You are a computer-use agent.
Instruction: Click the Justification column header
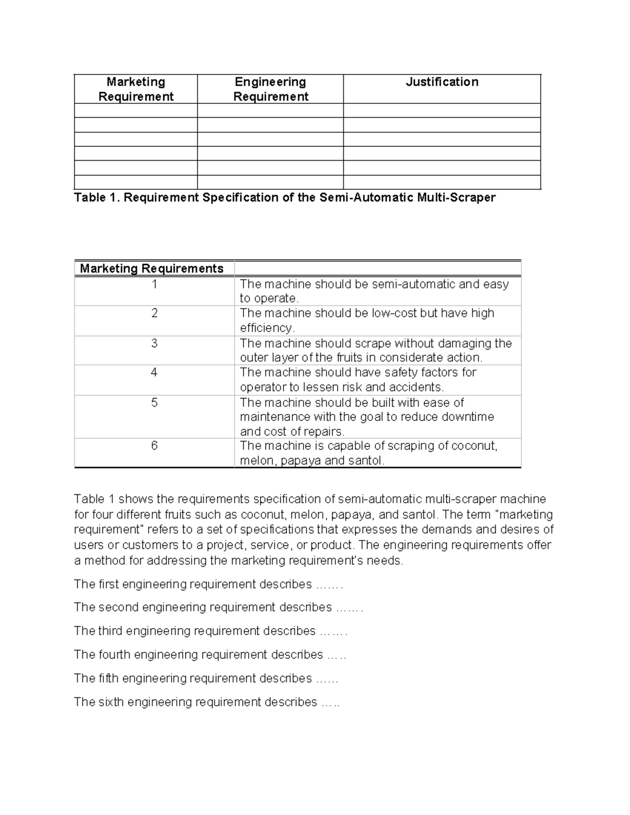[442, 82]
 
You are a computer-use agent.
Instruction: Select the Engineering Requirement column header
[270, 89]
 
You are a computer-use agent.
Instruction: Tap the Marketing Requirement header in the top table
[135, 89]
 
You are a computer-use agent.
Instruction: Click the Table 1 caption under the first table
[285, 198]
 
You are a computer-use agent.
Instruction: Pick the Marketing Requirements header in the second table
[152, 269]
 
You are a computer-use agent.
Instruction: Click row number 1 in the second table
[154, 284]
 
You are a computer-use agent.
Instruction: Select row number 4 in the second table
[154, 373]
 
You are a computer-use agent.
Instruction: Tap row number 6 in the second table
[154, 446]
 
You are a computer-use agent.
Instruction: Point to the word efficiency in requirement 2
[266, 328]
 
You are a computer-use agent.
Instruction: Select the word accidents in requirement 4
[416, 387]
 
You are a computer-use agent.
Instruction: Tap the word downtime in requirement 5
[468, 417]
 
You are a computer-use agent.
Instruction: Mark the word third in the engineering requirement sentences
[110, 631]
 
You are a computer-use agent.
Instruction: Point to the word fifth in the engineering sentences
[108, 679]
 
